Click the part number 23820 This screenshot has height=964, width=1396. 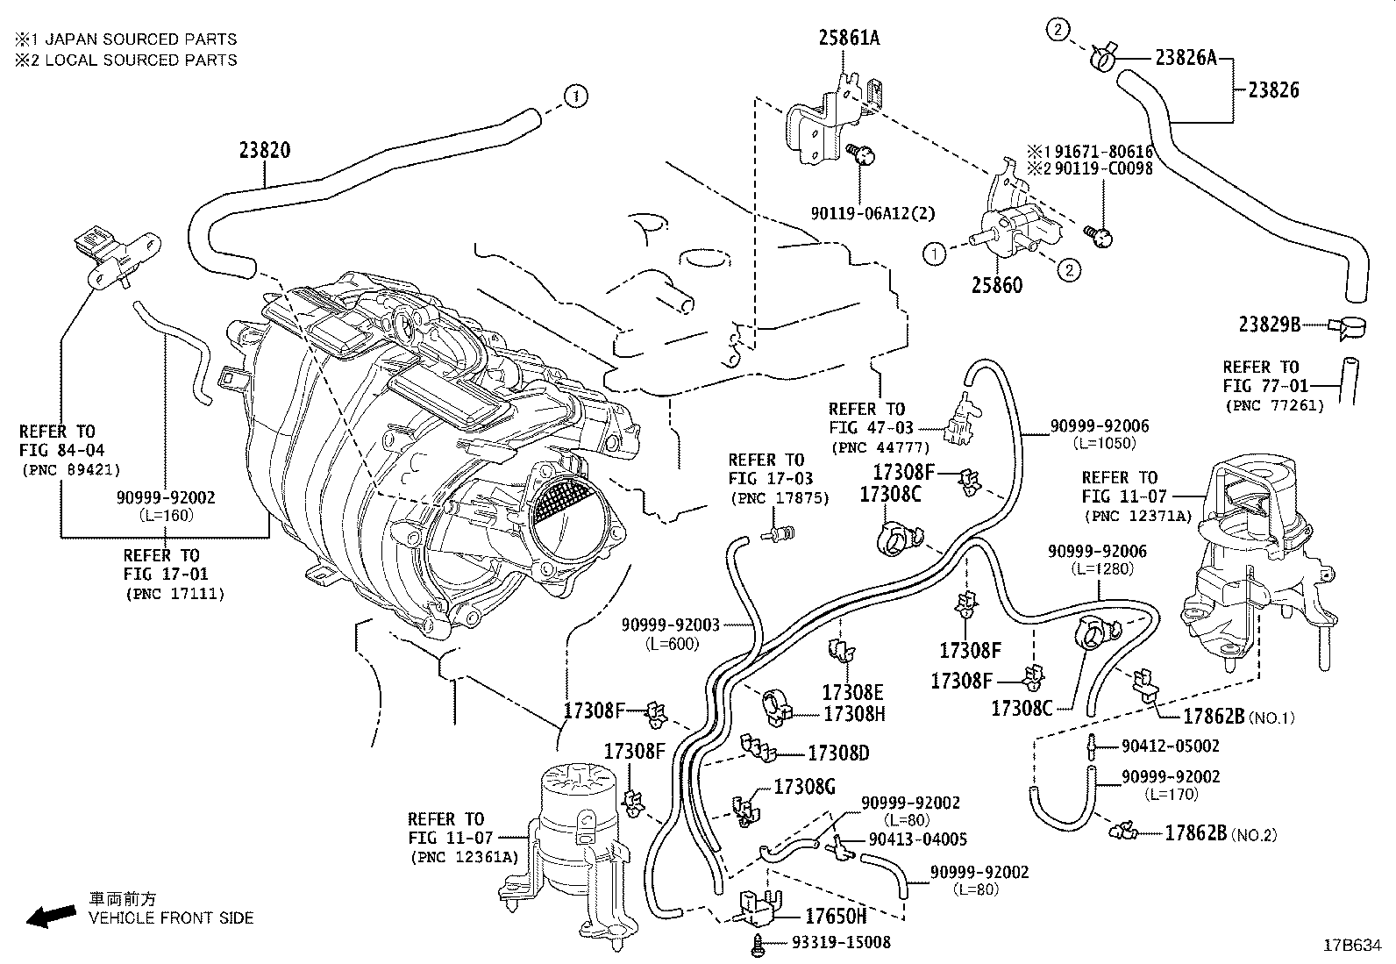point(264,150)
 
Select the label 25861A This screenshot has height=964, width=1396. point(849,38)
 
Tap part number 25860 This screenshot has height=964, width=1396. point(996,286)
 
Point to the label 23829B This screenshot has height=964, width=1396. point(1269,324)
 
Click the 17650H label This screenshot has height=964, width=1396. point(836,917)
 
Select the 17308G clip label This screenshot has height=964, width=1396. point(804,786)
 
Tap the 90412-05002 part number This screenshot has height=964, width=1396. point(1170,746)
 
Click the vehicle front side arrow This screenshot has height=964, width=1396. point(50,916)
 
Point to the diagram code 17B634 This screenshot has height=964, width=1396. point(1356,946)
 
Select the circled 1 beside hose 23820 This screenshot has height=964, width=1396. point(575,96)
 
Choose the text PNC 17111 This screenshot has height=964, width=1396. point(174,594)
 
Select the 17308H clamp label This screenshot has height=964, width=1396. point(853,714)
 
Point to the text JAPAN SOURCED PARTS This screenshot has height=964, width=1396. point(140,39)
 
